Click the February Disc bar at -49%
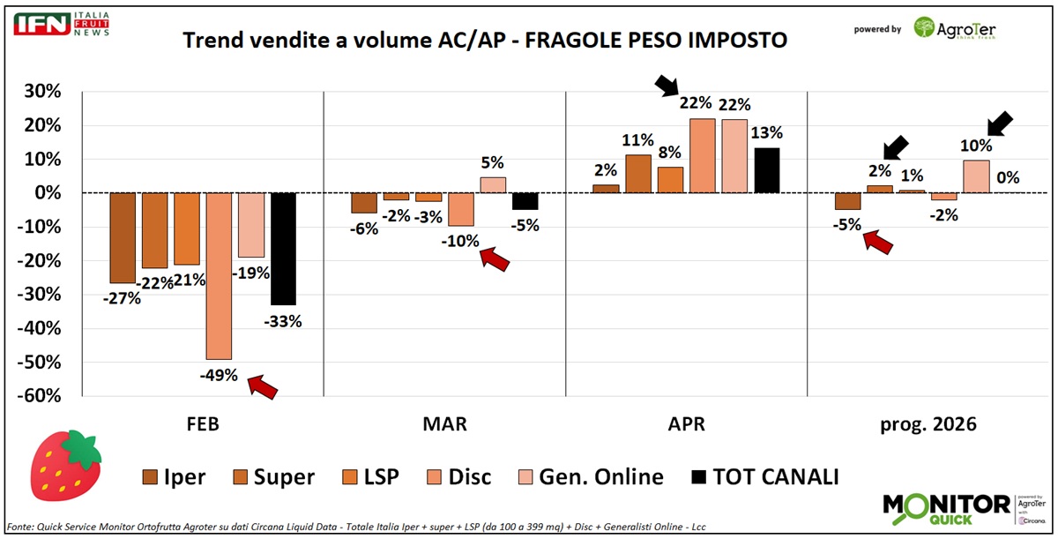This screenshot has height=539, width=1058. pos(220,276)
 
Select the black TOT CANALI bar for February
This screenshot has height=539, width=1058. pos(283,249)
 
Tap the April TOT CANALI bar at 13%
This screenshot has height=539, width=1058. pos(767,170)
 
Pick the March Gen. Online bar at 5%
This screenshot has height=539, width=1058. pos(493,185)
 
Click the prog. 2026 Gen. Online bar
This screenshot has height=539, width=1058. pos(976,176)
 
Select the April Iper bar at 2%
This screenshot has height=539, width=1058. pos(606,189)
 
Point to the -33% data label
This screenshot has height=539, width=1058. pos(282,322)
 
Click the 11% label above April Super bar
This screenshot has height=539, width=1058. pos(637,140)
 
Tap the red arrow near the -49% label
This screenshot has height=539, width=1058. pos(263,386)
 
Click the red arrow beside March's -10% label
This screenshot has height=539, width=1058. pos(495,258)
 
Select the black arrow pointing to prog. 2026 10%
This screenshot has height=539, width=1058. pos(1001,124)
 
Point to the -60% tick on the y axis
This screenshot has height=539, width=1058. pos(39,396)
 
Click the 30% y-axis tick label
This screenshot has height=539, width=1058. pos(42,91)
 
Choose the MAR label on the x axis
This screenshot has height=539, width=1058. pos(444,423)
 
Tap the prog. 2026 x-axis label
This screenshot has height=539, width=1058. pos(928,424)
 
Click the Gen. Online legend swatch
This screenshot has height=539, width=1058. pos(525,477)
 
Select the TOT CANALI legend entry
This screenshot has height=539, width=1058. pos(765,477)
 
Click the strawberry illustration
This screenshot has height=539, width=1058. pos(65,465)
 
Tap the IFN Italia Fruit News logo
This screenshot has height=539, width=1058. pos(62,24)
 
